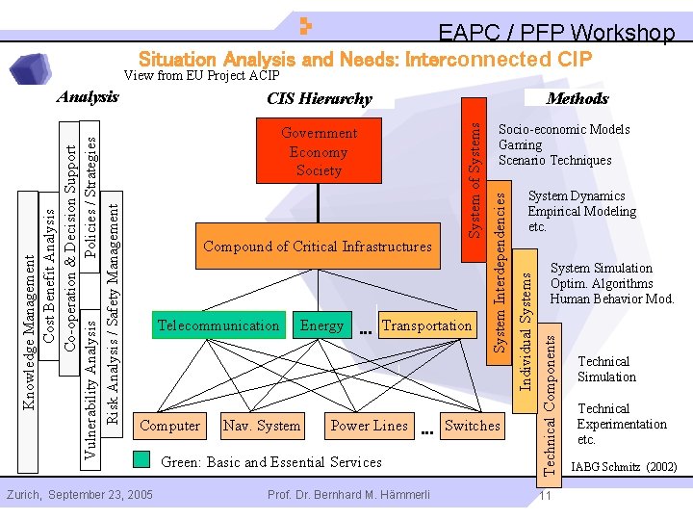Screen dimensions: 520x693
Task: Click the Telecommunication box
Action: click(x=218, y=325)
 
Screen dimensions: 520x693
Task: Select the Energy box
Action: click(x=321, y=325)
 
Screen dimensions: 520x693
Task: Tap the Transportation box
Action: click(x=426, y=325)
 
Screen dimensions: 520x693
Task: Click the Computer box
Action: click(x=170, y=426)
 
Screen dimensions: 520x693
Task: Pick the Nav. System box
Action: click(x=262, y=426)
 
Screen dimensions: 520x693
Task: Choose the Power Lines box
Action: click(x=369, y=426)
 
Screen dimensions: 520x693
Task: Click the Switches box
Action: click(x=473, y=426)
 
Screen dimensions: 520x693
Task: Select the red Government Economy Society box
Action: click(x=319, y=151)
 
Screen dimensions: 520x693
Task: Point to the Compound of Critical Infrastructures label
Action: click(x=318, y=247)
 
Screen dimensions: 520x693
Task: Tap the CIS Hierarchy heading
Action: click(x=319, y=98)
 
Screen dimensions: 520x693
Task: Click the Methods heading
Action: click(x=577, y=98)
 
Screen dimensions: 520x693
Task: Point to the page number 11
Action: click(x=545, y=496)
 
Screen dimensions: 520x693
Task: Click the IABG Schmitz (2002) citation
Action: click(x=624, y=468)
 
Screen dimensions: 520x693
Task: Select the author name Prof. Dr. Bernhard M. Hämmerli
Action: click(x=348, y=495)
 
